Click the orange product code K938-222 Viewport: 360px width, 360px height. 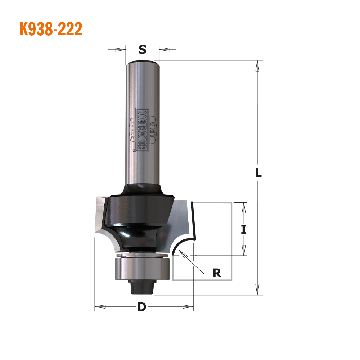pos(51,29)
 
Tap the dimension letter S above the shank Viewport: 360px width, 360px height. pos(142,49)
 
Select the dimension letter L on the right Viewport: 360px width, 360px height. pos(258,173)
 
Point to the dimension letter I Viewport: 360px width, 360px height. pos(244,229)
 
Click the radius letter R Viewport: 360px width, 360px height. pos(217,273)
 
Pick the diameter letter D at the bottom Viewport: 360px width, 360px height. pos(142,307)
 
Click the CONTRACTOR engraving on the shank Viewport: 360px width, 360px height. pos(142,130)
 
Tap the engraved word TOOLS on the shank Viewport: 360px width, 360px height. pos(132,130)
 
